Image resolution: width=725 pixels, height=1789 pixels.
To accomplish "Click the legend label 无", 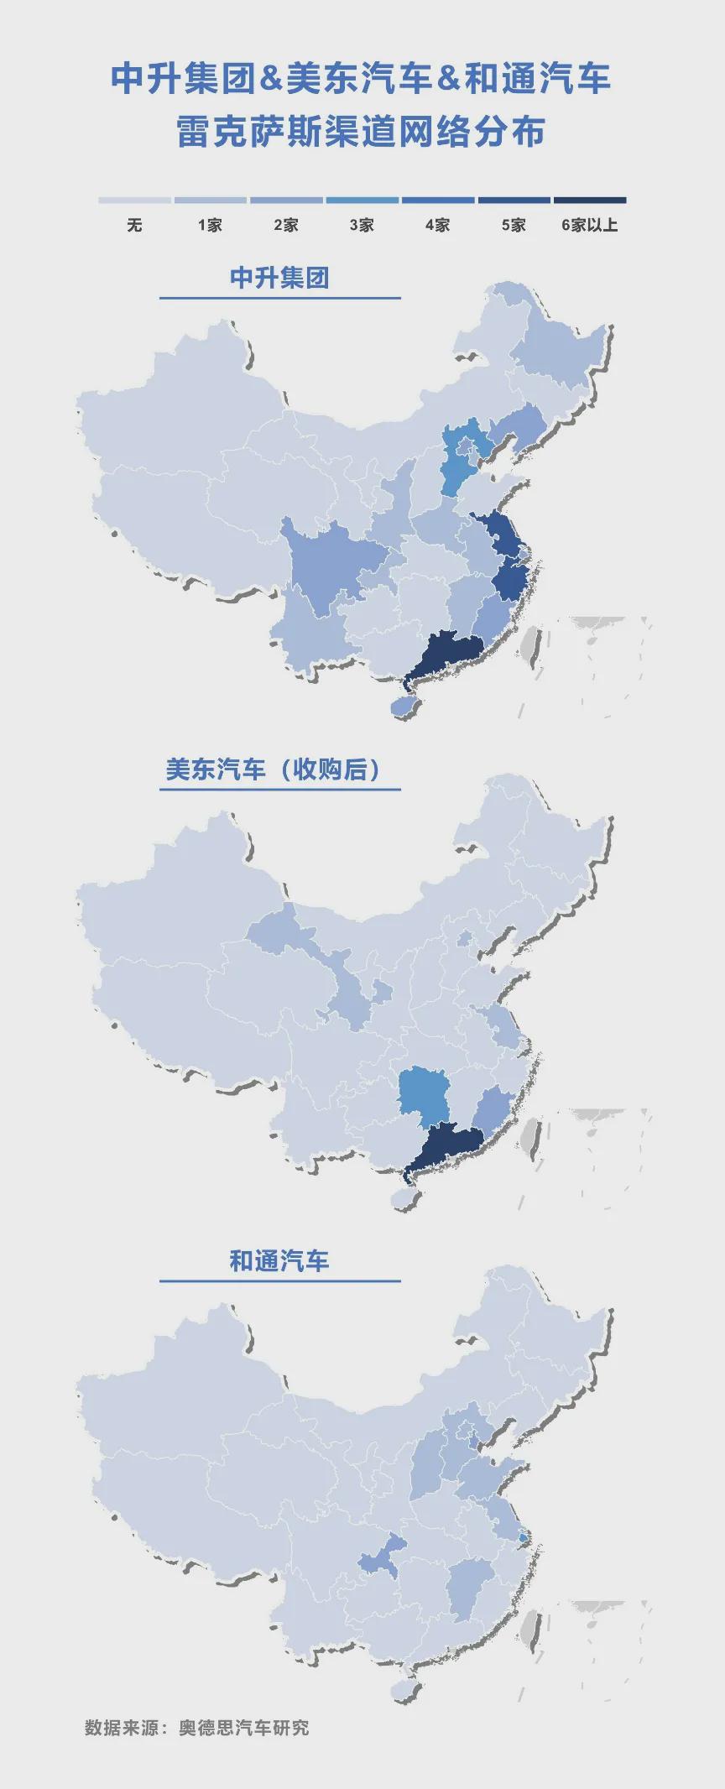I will click(x=134, y=225).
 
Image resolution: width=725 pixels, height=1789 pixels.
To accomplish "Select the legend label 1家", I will click(x=210, y=225).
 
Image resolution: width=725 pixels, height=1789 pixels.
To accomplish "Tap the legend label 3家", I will click(x=362, y=225).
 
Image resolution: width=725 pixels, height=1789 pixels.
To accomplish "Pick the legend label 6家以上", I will click(x=589, y=225).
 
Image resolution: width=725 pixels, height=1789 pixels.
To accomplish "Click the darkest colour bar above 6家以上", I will click(x=589, y=201).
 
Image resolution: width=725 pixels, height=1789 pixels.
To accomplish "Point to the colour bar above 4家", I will click(x=437, y=201).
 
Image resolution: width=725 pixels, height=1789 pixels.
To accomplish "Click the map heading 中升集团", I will click(x=279, y=278).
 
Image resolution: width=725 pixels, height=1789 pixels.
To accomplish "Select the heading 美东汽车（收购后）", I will click(x=274, y=769).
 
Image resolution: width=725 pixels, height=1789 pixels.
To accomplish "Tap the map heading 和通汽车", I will click(x=279, y=1260).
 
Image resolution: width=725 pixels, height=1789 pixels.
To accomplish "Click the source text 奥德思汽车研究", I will click(x=243, y=1728).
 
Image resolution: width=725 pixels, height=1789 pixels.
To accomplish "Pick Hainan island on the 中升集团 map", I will click(x=404, y=707).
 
